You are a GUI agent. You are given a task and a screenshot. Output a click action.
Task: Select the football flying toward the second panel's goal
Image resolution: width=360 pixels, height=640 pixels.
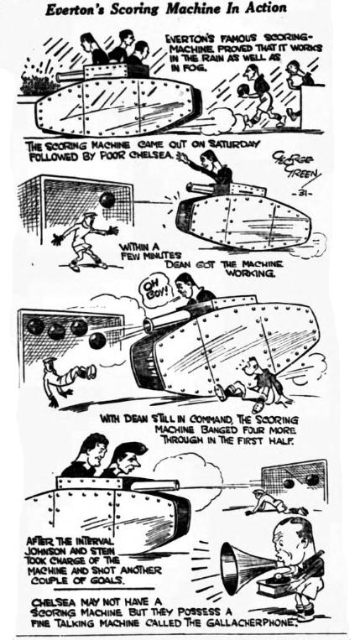pos(107,200)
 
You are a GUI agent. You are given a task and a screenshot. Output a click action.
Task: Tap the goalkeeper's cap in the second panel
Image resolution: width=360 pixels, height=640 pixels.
pos(89,215)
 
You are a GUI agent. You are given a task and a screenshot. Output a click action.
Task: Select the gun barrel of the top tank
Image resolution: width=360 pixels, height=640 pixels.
pos(70,75)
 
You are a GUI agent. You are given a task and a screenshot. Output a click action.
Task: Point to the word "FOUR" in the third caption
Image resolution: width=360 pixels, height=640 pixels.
pos(233,430)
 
